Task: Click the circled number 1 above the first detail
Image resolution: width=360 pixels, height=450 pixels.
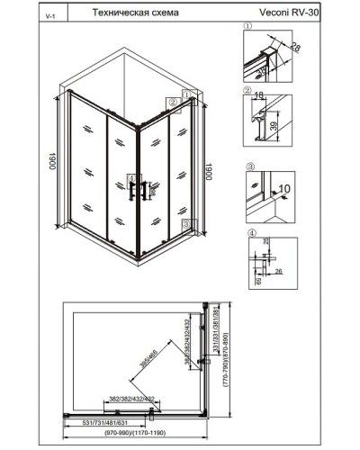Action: coord(247,27)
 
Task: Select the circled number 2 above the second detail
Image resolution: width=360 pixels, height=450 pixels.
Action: coord(247,92)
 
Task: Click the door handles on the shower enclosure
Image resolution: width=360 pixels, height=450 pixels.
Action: coord(138,191)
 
